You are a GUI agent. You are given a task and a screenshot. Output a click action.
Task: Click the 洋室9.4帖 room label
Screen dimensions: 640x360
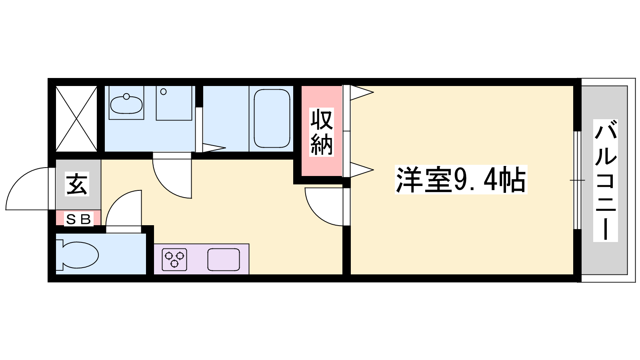click(x=461, y=180)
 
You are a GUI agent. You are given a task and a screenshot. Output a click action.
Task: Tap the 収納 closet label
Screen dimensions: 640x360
click(x=322, y=132)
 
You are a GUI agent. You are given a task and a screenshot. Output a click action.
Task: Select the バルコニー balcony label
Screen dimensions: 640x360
click(x=606, y=180)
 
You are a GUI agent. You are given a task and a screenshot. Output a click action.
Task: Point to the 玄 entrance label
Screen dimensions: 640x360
click(x=77, y=184)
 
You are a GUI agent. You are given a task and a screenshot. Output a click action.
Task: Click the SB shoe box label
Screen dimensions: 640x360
click(x=78, y=219)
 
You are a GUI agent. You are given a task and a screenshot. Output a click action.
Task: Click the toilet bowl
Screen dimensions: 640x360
click(x=77, y=255)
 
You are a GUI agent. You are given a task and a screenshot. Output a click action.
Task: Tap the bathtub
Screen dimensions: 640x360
click(x=272, y=118)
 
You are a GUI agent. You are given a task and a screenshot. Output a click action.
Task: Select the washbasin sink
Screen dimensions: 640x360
click(x=126, y=105)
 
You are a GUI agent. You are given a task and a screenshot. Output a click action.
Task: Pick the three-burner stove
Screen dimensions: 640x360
click(x=174, y=260)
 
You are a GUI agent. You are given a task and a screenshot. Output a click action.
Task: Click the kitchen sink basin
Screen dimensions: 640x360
click(x=224, y=260)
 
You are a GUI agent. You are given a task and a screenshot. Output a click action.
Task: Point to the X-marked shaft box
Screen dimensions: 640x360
click(x=76, y=118)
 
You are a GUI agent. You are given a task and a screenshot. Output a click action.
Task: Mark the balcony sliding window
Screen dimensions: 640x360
click(x=578, y=180)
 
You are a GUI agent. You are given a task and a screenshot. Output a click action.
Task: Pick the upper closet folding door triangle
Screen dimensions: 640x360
click(x=362, y=92)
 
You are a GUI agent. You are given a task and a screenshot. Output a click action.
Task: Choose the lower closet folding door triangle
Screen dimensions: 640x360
click(x=362, y=170)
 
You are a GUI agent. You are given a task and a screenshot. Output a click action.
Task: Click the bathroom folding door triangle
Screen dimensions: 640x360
click(x=214, y=148)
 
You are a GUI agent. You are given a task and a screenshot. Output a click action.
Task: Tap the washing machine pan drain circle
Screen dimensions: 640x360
click(x=164, y=92)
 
